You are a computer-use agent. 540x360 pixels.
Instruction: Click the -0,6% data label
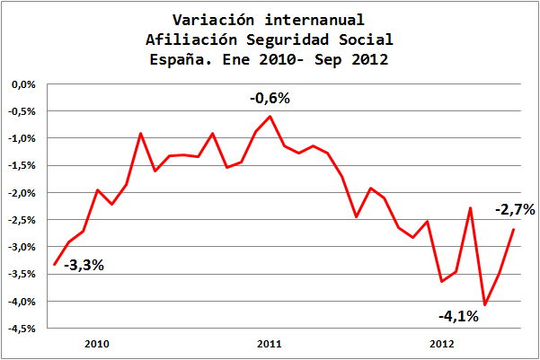point(270,99)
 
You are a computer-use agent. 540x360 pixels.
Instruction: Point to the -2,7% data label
point(515,210)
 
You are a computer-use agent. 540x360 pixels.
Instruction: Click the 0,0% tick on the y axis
point(22,84)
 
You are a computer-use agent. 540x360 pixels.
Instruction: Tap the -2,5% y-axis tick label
point(22,220)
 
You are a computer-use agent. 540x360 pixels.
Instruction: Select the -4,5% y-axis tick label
point(22,328)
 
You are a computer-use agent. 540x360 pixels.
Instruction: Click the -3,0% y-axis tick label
point(22,247)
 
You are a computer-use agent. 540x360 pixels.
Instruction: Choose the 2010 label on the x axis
point(96,344)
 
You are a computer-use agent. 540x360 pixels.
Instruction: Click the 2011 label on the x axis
point(270,344)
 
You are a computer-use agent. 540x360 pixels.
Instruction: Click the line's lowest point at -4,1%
point(485,305)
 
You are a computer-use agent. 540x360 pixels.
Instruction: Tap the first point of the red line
point(55,264)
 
